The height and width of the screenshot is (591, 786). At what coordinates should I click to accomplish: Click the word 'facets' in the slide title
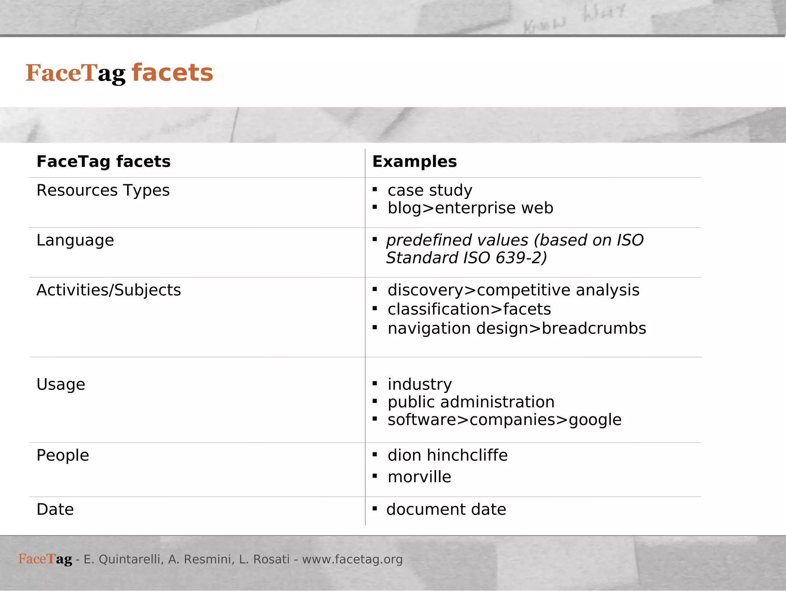[x=172, y=73]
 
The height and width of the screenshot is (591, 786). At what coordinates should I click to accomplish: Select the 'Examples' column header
[x=414, y=162]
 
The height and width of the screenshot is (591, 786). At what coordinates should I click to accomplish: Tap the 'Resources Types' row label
[x=103, y=190]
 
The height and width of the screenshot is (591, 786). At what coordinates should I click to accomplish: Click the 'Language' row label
[x=75, y=240]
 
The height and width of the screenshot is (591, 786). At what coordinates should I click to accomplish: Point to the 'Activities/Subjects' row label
[x=109, y=290]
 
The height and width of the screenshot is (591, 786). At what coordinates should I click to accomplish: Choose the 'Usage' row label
[x=61, y=384]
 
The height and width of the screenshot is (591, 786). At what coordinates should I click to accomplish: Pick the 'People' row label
[x=63, y=455]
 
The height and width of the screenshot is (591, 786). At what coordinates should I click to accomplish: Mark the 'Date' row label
[x=55, y=510]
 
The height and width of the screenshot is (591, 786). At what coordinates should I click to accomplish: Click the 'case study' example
[x=430, y=190]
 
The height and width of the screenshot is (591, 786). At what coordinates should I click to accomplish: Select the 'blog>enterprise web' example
[x=471, y=208]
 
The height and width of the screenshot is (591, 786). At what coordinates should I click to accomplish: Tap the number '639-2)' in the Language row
[x=521, y=258]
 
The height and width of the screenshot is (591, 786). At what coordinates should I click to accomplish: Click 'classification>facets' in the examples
[x=469, y=310]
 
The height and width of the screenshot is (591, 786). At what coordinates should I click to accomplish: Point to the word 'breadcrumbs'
[x=594, y=329]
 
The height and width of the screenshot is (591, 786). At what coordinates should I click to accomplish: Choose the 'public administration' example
[x=471, y=402]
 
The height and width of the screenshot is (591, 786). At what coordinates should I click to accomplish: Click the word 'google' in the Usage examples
[x=595, y=420]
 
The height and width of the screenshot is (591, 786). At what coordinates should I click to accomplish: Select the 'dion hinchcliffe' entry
[x=447, y=455]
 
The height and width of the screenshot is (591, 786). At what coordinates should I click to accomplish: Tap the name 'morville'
[x=419, y=477]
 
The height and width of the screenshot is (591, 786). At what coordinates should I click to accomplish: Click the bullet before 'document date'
[x=375, y=509]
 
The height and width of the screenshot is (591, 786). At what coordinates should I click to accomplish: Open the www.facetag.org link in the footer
[x=352, y=560]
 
